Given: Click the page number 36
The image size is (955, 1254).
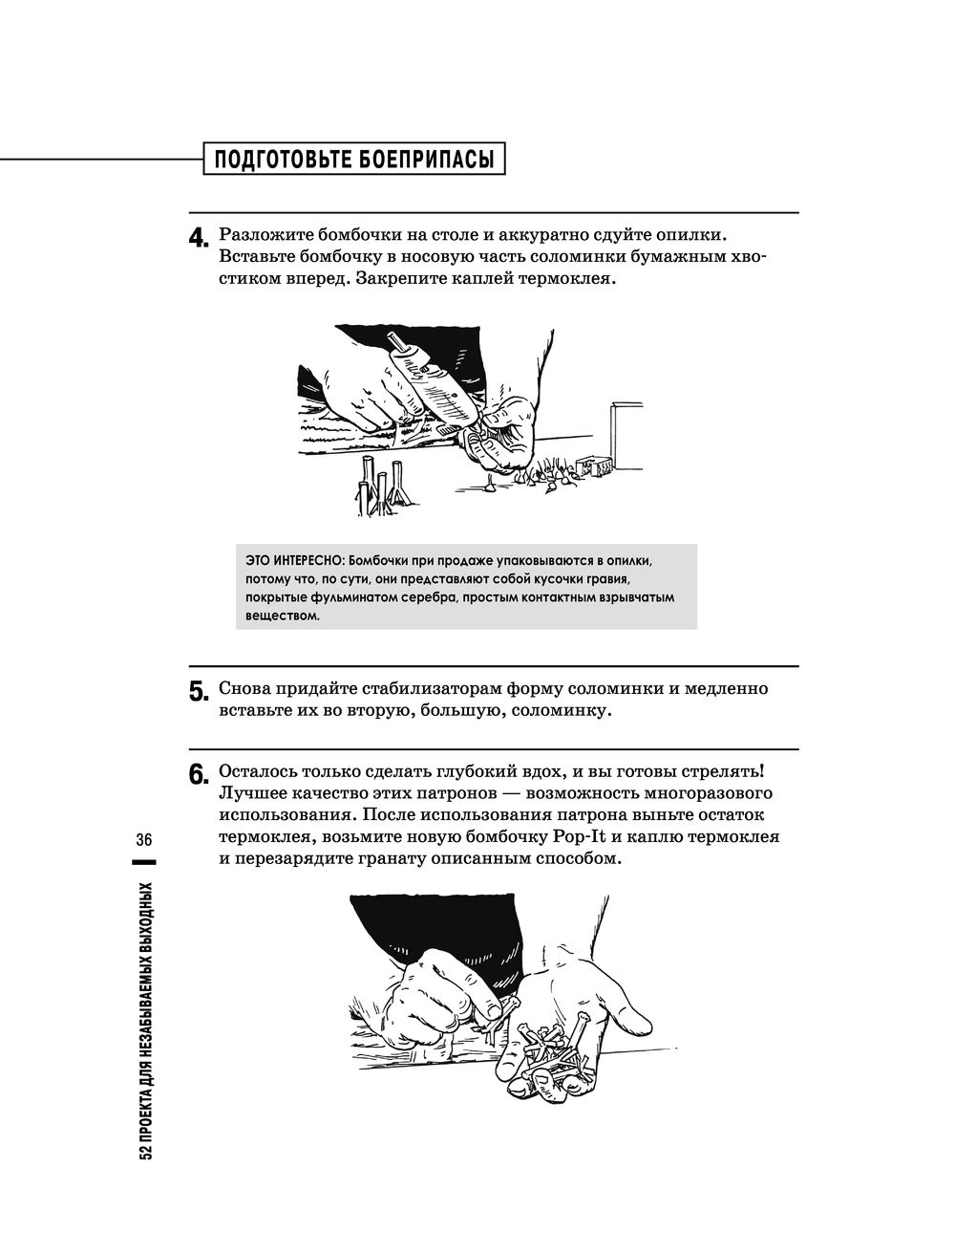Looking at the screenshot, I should [145, 840].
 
